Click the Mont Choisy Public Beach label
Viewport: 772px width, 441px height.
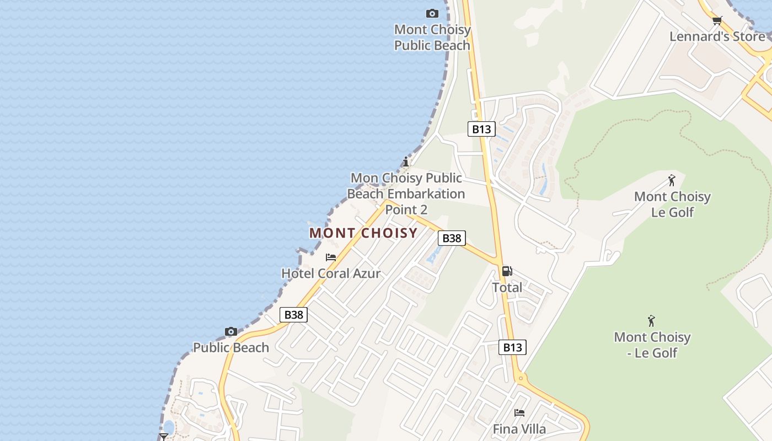[x=432, y=37]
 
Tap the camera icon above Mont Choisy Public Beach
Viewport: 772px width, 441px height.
[x=432, y=13]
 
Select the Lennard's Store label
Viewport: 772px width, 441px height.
[x=717, y=36]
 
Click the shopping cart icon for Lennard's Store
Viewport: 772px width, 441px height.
[x=717, y=21]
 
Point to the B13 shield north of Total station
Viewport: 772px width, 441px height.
[x=481, y=129]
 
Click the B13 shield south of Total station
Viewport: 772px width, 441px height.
[x=512, y=347]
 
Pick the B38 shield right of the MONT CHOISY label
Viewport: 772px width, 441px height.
[x=452, y=238]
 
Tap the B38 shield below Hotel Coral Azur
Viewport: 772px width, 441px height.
[x=293, y=315]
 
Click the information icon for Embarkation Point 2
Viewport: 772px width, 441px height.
[x=406, y=162]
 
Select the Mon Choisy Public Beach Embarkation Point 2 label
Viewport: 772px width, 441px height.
[x=407, y=193]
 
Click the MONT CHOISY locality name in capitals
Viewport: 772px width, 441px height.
[x=363, y=233]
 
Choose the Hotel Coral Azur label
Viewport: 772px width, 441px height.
[x=331, y=273]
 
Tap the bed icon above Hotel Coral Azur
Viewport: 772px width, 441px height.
[x=331, y=257]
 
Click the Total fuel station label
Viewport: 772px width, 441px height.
[x=507, y=287]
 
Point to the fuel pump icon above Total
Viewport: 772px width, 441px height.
[x=507, y=271]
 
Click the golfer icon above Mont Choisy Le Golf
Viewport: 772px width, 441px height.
[x=672, y=180]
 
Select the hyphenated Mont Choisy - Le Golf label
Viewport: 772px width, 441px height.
[x=652, y=345]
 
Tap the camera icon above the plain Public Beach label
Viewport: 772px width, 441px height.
[x=231, y=331]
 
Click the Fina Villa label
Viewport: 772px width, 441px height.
[x=519, y=429]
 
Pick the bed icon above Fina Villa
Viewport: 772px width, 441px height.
[x=519, y=412]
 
